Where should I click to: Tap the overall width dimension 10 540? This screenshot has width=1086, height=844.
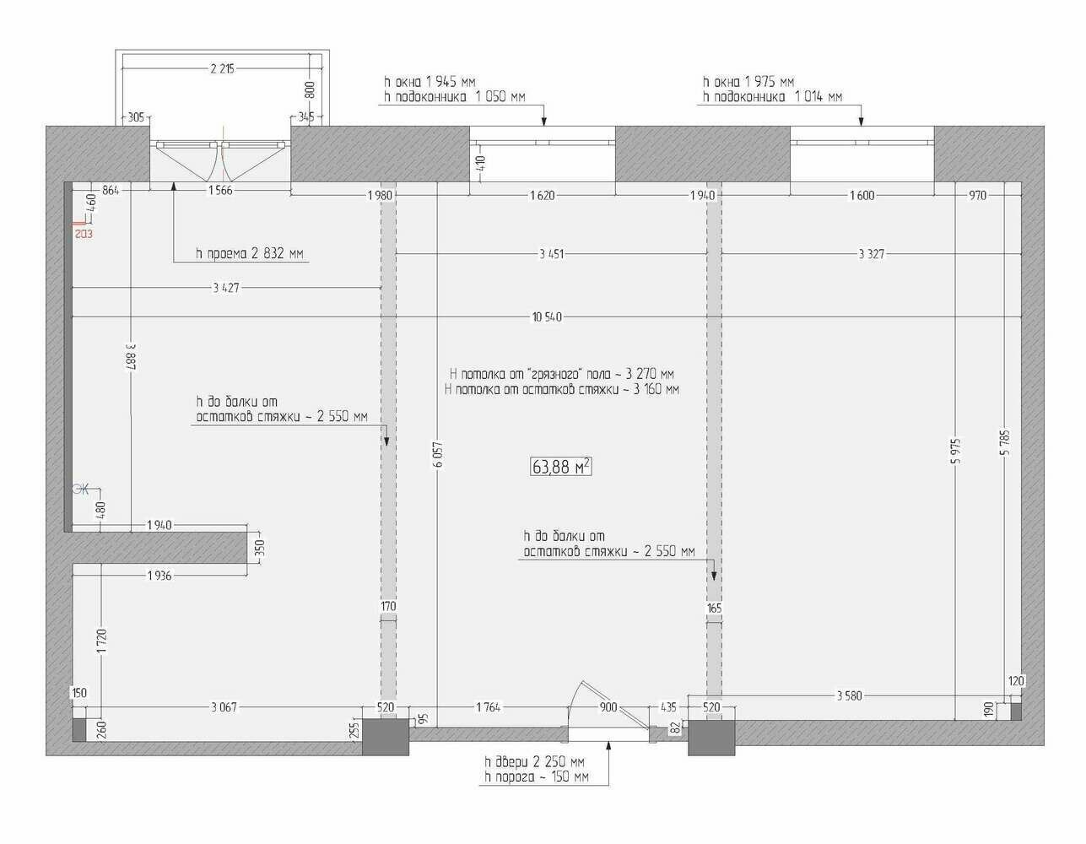[x=547, y=316]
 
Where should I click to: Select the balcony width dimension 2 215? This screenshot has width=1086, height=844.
[x=222, y=68]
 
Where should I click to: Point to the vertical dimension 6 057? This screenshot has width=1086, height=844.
[x=438, y=454]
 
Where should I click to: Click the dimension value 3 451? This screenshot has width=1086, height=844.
[x=551, y=254]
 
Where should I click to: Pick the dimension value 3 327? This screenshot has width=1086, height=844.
[x=871, y=254]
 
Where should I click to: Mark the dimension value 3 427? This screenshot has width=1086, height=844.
[x=226, y=288]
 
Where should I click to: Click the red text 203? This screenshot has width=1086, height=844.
[x=84, y=233]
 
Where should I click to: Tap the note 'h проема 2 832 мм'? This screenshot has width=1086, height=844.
[x=250, y=253]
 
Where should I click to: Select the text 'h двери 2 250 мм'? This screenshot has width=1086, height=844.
[x=534, y=761]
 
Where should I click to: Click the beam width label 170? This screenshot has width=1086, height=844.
[x=388, y=606]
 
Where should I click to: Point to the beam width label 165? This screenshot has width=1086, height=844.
[x=714, y=608]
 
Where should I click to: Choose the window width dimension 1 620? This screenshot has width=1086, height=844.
[x=543, y=195]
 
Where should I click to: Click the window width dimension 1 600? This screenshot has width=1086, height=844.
[x=862, y=195]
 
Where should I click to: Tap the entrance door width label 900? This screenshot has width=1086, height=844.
[x=608, y=707]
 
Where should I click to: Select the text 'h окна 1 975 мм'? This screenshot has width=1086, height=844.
[x=748, y=82]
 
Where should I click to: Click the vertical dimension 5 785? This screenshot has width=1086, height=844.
[x=1006, y=442]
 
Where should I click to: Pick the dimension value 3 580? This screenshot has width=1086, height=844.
[x=849, y=695]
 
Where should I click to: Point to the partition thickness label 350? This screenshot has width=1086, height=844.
[x=259, y=548]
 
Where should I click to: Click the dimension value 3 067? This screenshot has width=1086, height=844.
[x=224, y=707]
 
